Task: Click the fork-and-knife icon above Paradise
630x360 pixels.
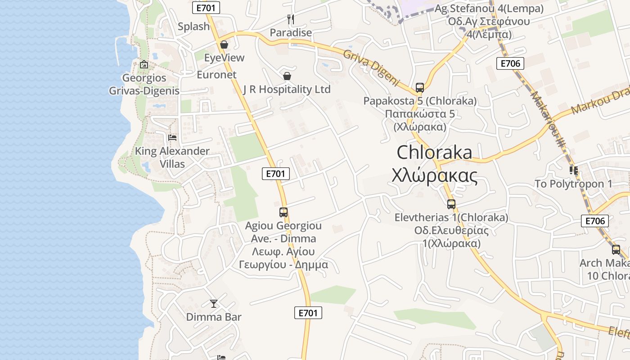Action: coord(291,19)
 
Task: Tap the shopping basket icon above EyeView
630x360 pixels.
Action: coord(224,45)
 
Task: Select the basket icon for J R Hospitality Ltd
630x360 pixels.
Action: coord(287,76)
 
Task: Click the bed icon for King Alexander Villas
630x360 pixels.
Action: coord(172,137)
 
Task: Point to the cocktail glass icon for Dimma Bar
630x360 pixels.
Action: coord(214,304)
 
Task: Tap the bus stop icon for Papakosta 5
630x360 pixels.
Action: coord(420,87)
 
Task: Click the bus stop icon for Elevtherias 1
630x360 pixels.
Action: coord(451,204)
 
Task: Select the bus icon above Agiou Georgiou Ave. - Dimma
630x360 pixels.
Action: coord(283,212)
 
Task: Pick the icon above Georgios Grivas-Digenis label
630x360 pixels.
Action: coord(144,65)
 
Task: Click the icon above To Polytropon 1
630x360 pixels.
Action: coord(573,171)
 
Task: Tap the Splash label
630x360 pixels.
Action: coord(194,27)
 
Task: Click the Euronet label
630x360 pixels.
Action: coord(216,75)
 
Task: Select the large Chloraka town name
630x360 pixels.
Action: coord(434,153)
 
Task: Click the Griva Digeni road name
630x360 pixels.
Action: coord(372,67)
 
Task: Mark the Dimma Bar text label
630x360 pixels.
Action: coord(214,317)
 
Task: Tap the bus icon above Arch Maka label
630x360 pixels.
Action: coord(616,249)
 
